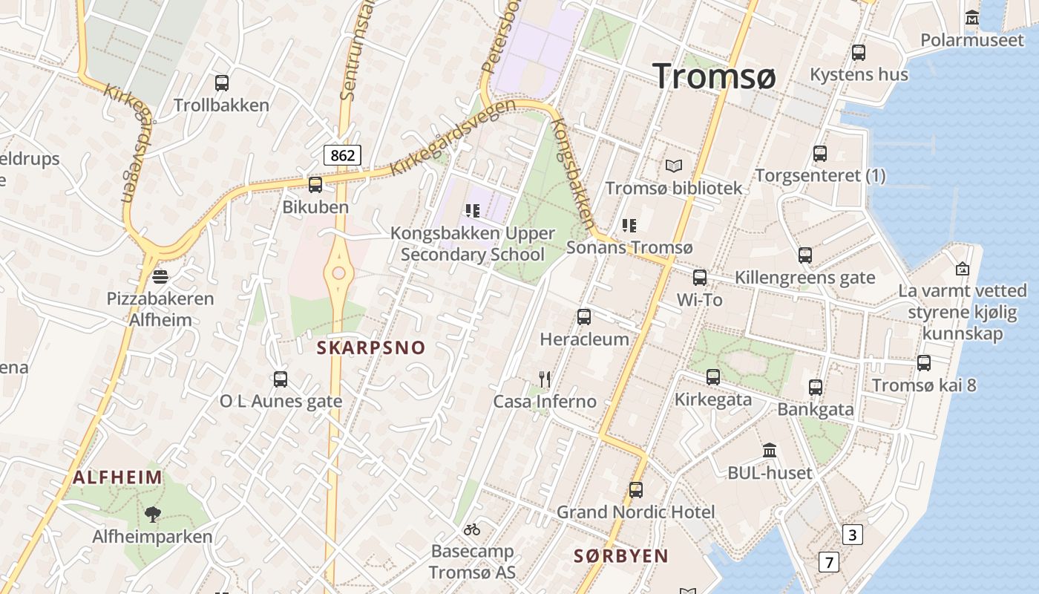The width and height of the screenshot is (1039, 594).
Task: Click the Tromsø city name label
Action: [714, 76]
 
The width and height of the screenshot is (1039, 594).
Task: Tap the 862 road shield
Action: [342, 155]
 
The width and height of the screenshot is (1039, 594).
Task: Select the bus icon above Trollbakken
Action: [221, 83]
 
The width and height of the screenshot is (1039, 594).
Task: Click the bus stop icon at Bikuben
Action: [315, 185]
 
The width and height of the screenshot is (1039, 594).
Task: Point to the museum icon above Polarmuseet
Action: [971, 17]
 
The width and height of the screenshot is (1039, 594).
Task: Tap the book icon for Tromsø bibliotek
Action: [673, 166]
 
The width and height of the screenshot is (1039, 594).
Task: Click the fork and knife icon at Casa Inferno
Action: [545, 379]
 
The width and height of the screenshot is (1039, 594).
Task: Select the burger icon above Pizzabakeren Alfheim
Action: [160, 277]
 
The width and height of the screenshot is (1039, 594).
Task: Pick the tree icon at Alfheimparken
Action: [152, 514]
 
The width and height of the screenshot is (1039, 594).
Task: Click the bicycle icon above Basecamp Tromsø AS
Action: [472, 529]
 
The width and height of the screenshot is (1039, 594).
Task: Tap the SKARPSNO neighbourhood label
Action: [371, 347]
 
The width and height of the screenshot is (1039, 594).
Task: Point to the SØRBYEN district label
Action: [621, 555]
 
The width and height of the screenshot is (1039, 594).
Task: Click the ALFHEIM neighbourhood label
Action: [117, 477]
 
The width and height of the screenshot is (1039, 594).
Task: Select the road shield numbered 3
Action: [853, 535]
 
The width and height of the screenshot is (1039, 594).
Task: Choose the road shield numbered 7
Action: [828, 562]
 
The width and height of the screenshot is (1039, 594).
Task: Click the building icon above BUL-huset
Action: [770, 451]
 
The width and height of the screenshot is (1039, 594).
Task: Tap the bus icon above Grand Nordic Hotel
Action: [636, 490]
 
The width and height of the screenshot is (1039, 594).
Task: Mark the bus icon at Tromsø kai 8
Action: [924, 363]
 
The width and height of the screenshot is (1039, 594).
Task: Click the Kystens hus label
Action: [859, 74]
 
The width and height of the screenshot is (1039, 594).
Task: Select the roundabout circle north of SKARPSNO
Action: [339, 273]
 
